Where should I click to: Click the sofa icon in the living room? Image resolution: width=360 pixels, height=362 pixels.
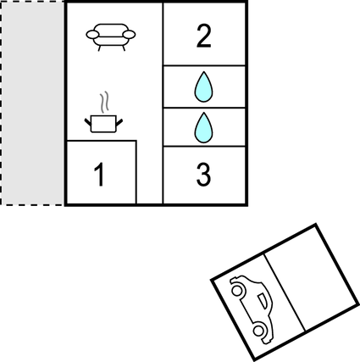pos(111,37)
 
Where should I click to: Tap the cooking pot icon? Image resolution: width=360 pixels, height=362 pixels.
pos(103,124)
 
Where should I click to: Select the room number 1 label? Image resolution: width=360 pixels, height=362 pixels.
pos(100,175)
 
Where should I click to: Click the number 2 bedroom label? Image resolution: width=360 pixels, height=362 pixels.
pos(203,36)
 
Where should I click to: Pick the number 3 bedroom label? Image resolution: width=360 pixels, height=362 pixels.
pos(203,175)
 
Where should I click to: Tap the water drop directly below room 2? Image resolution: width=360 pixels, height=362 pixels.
pos(203,86)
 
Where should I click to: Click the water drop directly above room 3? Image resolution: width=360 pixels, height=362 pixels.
pos(203,127)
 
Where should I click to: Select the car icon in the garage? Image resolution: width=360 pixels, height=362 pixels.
pos(252,309)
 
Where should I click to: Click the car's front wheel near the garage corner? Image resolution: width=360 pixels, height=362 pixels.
pos(237,290)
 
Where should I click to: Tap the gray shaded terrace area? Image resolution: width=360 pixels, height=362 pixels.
pos(32,103)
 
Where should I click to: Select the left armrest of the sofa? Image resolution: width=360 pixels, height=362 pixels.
pos(92,35)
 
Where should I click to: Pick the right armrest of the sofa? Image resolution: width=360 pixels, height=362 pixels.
pos(130,35)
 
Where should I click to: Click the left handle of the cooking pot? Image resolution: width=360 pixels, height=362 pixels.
pos(88,123)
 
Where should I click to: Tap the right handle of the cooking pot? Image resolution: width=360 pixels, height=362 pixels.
pos(119,123)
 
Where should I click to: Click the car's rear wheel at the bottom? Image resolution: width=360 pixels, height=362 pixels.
pos(258,331)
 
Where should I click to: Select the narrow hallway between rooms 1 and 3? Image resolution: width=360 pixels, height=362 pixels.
pos(150,171)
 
